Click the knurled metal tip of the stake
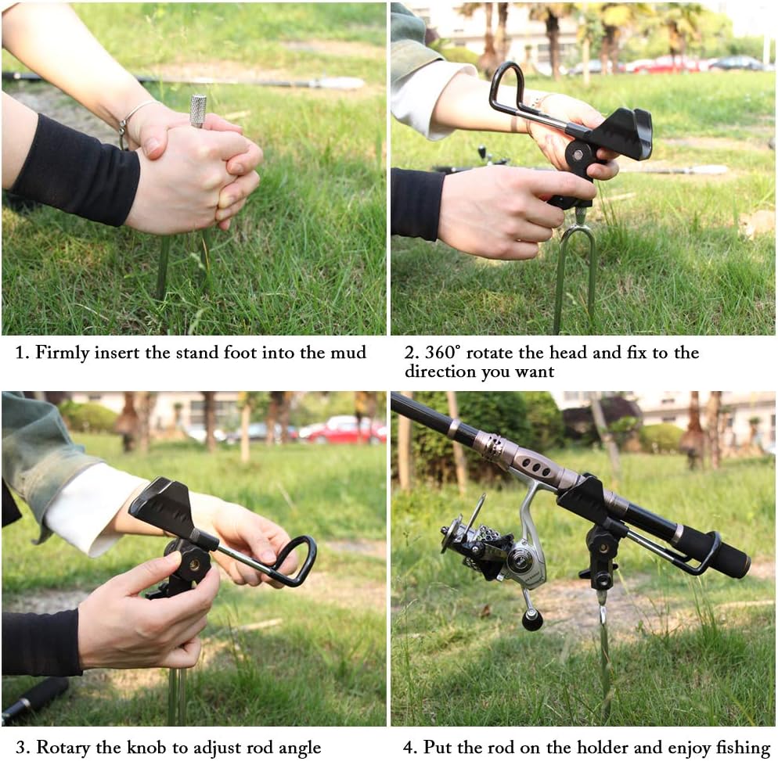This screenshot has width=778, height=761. point(198,110)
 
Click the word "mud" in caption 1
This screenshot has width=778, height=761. point(348,353)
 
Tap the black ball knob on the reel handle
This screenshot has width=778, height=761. point(532,619)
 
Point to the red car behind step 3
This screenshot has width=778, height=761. point(342,430)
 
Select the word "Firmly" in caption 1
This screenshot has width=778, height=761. point(62,353)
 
